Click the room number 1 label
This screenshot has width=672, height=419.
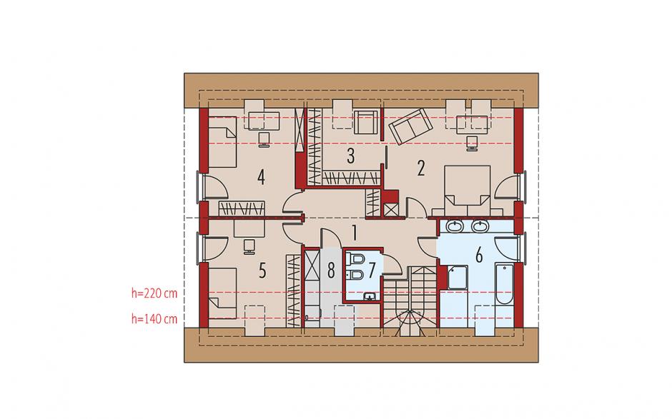(355, 233)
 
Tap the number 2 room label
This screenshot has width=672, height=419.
(421, 168)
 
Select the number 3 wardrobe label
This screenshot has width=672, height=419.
(350, 156)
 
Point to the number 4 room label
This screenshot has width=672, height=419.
(261, 177)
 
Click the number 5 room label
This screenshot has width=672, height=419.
(262, 271)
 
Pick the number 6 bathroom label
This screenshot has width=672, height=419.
(479, 255)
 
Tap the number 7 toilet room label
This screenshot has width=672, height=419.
(371, 270)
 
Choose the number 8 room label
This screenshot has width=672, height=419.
(331, 271)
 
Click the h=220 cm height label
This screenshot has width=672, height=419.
(154, 293)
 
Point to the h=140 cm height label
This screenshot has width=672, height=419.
(154, 319)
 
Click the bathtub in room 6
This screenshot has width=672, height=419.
(504, 284)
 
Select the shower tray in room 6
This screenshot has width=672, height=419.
(458, 278)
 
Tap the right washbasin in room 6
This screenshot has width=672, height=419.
(480, 226)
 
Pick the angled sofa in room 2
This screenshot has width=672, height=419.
(410, 126)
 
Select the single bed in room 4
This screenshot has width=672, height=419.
(222, 142)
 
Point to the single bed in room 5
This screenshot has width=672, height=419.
(222, 293)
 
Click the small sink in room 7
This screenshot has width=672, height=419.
(370, 296)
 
